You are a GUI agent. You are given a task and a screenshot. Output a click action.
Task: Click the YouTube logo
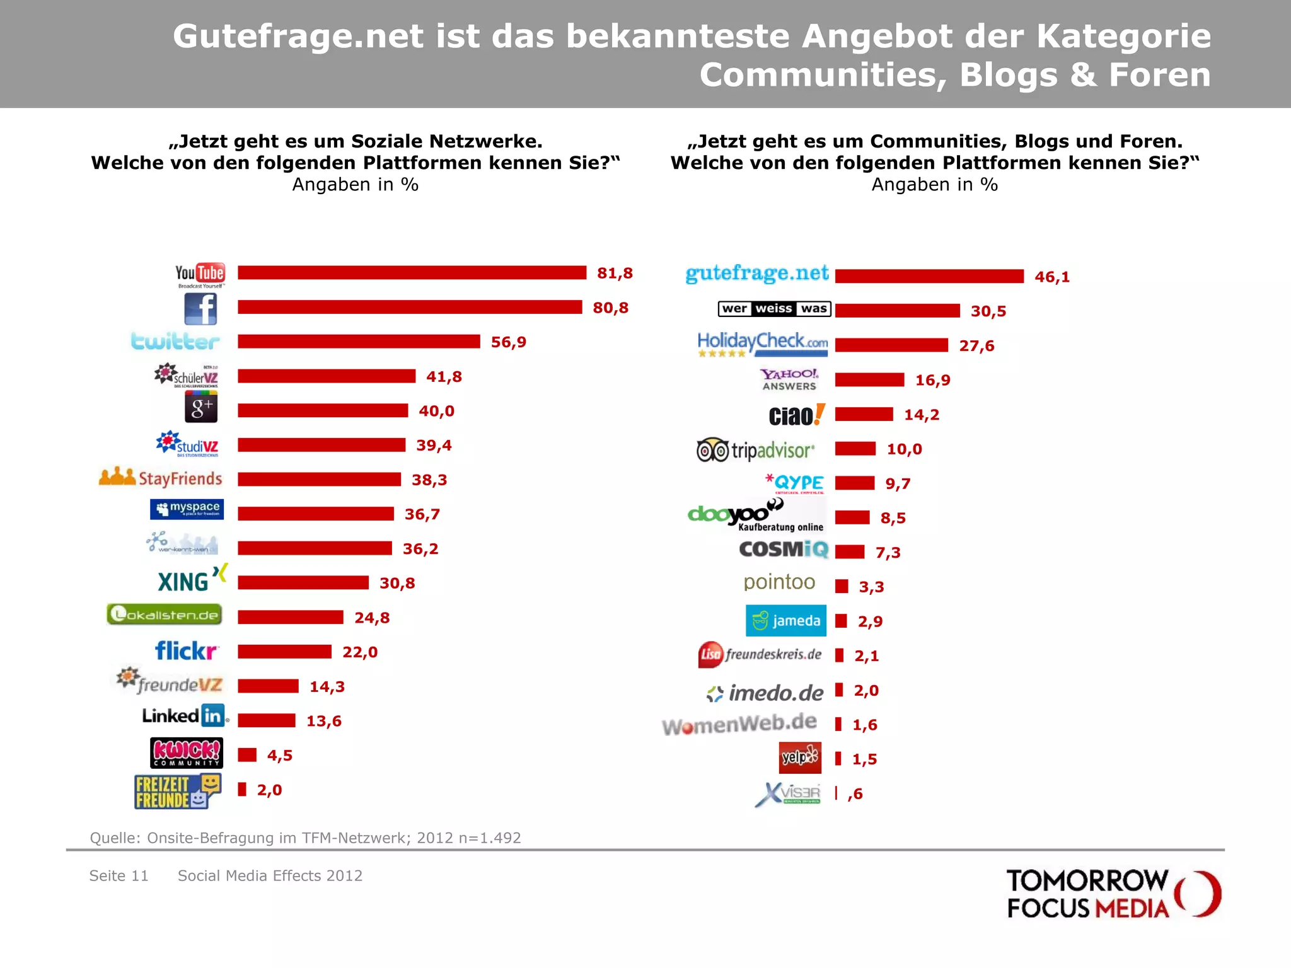pyautogui.click(x=200, y=274)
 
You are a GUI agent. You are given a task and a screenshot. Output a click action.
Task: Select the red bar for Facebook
pyautogui.click(x=410, y=307)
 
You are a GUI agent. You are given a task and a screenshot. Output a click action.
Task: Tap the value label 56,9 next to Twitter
pyautogui.click(x=508, y=342)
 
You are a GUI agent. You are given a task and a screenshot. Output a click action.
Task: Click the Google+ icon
pyautogui.click(x=200, y=408)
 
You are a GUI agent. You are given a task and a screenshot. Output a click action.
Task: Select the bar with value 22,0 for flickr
pyautogui.click(x=284, y=652)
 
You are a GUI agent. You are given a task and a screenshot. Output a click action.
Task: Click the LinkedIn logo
pyautogui.click(x=184, y=716)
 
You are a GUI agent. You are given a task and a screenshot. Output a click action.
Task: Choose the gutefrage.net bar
pyautogui.click(x=929, y=276)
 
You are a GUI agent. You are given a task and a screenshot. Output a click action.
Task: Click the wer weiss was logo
pyautogui.click(x=774, y=309)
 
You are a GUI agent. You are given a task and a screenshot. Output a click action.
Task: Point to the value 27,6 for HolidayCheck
pyautogui.click(x=976, y=346)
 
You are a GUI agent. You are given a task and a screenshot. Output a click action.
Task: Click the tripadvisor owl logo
pyautogui.click(x=712, y=450)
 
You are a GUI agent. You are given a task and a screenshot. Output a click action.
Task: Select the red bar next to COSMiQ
pyautogui.click(x=850, y=552)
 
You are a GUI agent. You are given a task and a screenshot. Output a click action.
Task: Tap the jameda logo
pyautogui.click(x=785, y=621)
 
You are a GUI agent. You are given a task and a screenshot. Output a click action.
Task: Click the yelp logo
pyautogui.click(x=800, y=758)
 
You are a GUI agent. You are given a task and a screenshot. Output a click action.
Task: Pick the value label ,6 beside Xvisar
pyautogui.click(x=855, y=794)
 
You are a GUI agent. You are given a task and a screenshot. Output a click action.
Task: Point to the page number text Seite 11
pyautogui.click(x=119, y=876)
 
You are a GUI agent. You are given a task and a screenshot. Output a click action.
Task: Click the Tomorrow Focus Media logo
pyautogui.click(x=1113, y=894)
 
